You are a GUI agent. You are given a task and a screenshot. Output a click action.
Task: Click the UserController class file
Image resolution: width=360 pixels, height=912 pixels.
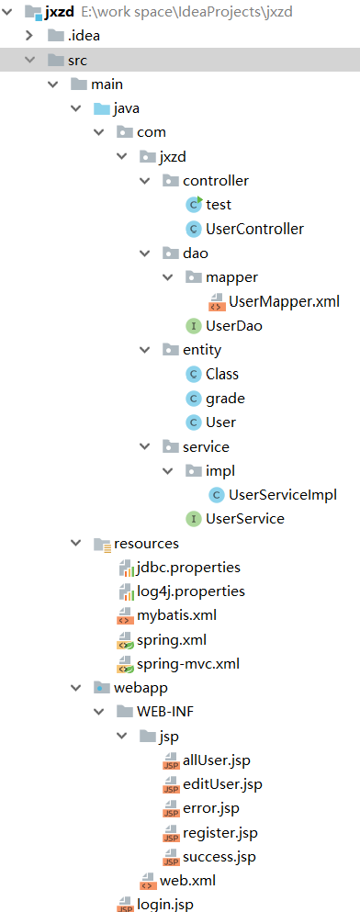click(254, 229)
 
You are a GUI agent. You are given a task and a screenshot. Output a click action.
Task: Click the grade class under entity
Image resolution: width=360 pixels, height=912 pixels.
click(225, 398)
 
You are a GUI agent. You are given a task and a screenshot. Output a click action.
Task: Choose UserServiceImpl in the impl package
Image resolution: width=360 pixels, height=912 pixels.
click(283, 494)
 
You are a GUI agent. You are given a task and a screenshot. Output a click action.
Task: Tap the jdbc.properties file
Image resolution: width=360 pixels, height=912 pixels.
click(188, 567)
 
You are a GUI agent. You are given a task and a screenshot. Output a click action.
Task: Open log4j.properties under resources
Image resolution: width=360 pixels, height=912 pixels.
click(191, 591)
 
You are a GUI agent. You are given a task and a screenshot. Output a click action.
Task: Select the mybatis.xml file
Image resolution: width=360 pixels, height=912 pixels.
click(177, 614)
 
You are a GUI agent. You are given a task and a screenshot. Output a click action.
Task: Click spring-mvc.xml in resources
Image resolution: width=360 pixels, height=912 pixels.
click(189, 663)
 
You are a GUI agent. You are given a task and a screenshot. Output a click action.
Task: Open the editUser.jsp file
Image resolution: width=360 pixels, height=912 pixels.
click(222, 783)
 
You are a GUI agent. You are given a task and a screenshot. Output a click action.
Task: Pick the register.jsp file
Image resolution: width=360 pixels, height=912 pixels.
click(220, 832)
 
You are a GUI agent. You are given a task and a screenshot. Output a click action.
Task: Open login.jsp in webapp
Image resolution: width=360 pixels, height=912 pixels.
click(165, 905)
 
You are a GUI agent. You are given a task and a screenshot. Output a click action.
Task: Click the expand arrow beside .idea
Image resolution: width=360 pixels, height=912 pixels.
click(29, 36)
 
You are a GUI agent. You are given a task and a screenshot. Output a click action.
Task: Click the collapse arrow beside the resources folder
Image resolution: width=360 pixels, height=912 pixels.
click(76, 543)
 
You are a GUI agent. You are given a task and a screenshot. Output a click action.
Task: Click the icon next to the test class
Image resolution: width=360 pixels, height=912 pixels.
click(193, 204)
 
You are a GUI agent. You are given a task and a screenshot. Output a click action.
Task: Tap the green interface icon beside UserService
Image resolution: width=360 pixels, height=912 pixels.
click(193, 519)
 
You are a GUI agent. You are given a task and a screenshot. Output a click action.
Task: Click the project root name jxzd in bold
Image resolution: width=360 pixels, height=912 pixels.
click(59, 11)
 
